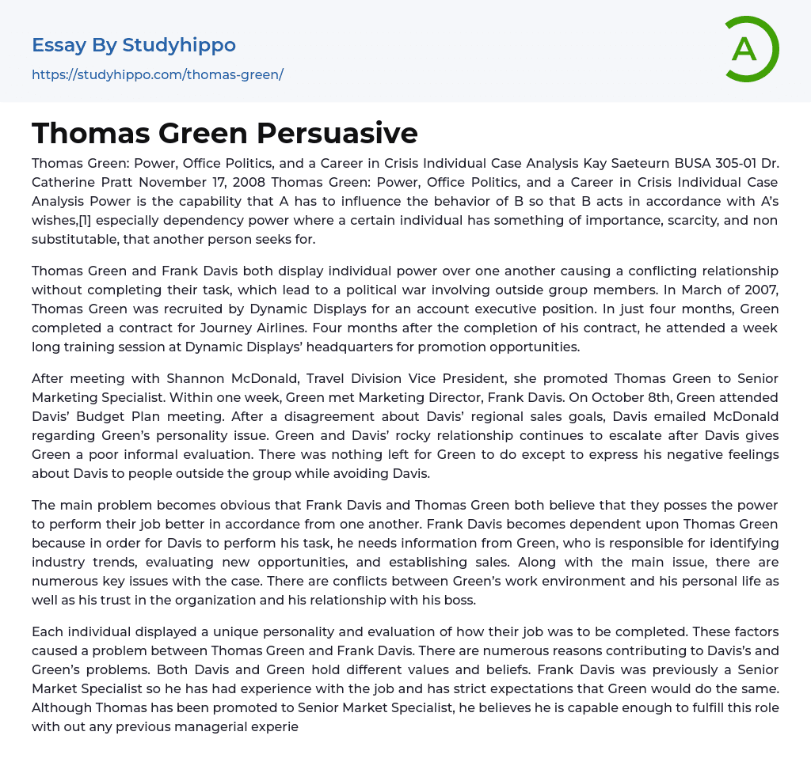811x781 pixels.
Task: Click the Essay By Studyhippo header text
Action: tap(134, 45)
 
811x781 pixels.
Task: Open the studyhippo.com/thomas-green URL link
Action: tap(158, 75)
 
